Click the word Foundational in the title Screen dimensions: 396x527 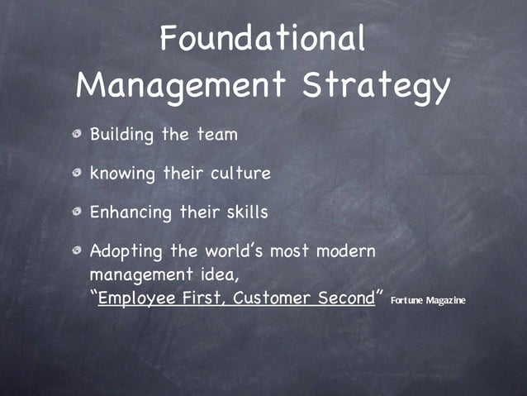pos(263,38)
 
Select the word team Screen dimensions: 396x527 pos(218,134)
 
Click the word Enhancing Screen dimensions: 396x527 pos(131,212)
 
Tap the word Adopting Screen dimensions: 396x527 pos(125,250)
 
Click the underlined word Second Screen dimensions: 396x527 pos(346,298)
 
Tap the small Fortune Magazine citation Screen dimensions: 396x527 pos(428,299)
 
